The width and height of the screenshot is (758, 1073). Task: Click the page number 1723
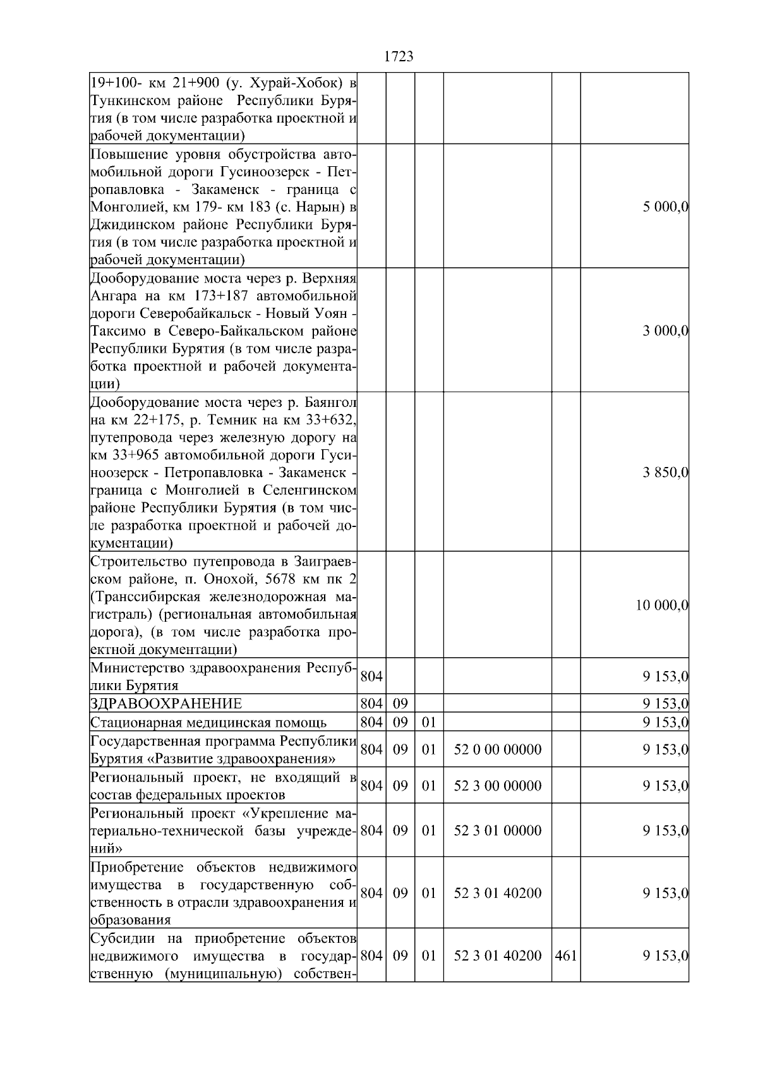pos(399,57)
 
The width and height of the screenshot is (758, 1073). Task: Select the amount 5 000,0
pos(665,207)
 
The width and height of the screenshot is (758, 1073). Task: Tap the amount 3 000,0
pos(665,330)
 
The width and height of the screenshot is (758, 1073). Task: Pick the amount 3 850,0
pos(665,472)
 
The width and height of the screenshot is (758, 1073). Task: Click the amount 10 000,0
pos(661,605)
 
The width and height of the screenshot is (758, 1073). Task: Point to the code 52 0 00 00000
pos(497,750)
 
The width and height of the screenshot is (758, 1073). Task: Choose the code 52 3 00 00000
pos(497,786)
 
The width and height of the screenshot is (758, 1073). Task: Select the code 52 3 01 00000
pos(497,830)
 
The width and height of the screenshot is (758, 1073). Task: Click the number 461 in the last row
pos(565,955)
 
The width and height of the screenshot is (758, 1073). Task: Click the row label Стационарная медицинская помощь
pos(208,722)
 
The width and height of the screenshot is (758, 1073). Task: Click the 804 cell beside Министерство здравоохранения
pos(371,677)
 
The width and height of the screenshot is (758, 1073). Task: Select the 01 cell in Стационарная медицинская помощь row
pos(429,722)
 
